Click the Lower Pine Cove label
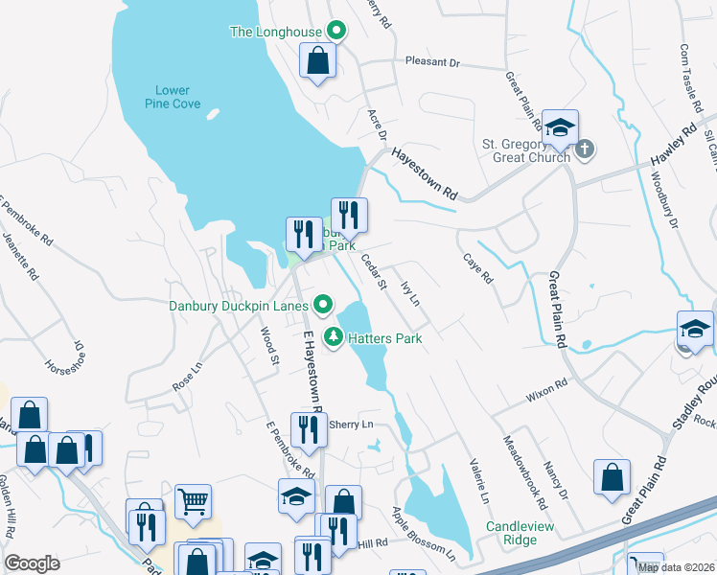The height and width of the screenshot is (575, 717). (x=173, y=97)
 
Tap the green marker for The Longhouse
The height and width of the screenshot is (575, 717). (x=336, y=31)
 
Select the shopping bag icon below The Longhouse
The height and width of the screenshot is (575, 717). (x=318, y=62)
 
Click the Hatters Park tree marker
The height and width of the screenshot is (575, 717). (x=334, y=336)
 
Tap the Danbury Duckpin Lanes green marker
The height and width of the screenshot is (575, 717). (x=323, y=306)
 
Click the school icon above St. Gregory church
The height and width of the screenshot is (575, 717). (x=560, y=126)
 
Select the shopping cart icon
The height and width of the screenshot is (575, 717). (x=193, y=501)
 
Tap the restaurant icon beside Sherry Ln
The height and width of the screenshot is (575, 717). (x=307, y=429)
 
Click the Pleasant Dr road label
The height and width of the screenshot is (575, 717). (x=432, y=62)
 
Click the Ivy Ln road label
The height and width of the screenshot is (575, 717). (x=410, y=292)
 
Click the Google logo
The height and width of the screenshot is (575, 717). (x=32, y=563)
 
